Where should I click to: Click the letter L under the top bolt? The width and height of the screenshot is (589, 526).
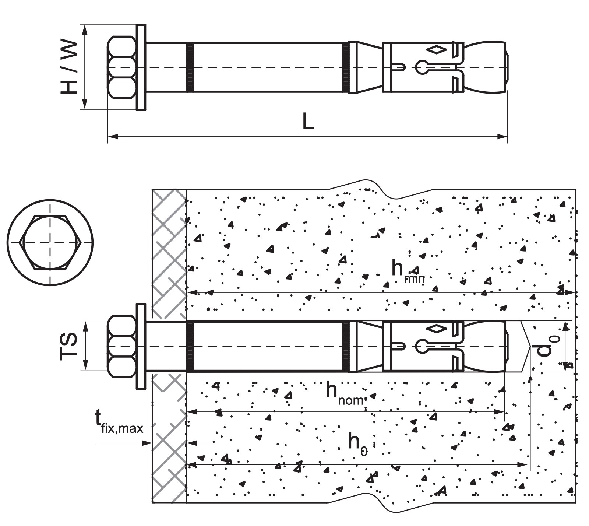click(308, 121)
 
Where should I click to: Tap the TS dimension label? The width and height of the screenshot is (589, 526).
click(69, 346)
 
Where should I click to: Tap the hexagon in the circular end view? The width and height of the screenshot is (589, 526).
click(50, 242)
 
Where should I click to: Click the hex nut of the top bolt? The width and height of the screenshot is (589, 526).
click(122, 67)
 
